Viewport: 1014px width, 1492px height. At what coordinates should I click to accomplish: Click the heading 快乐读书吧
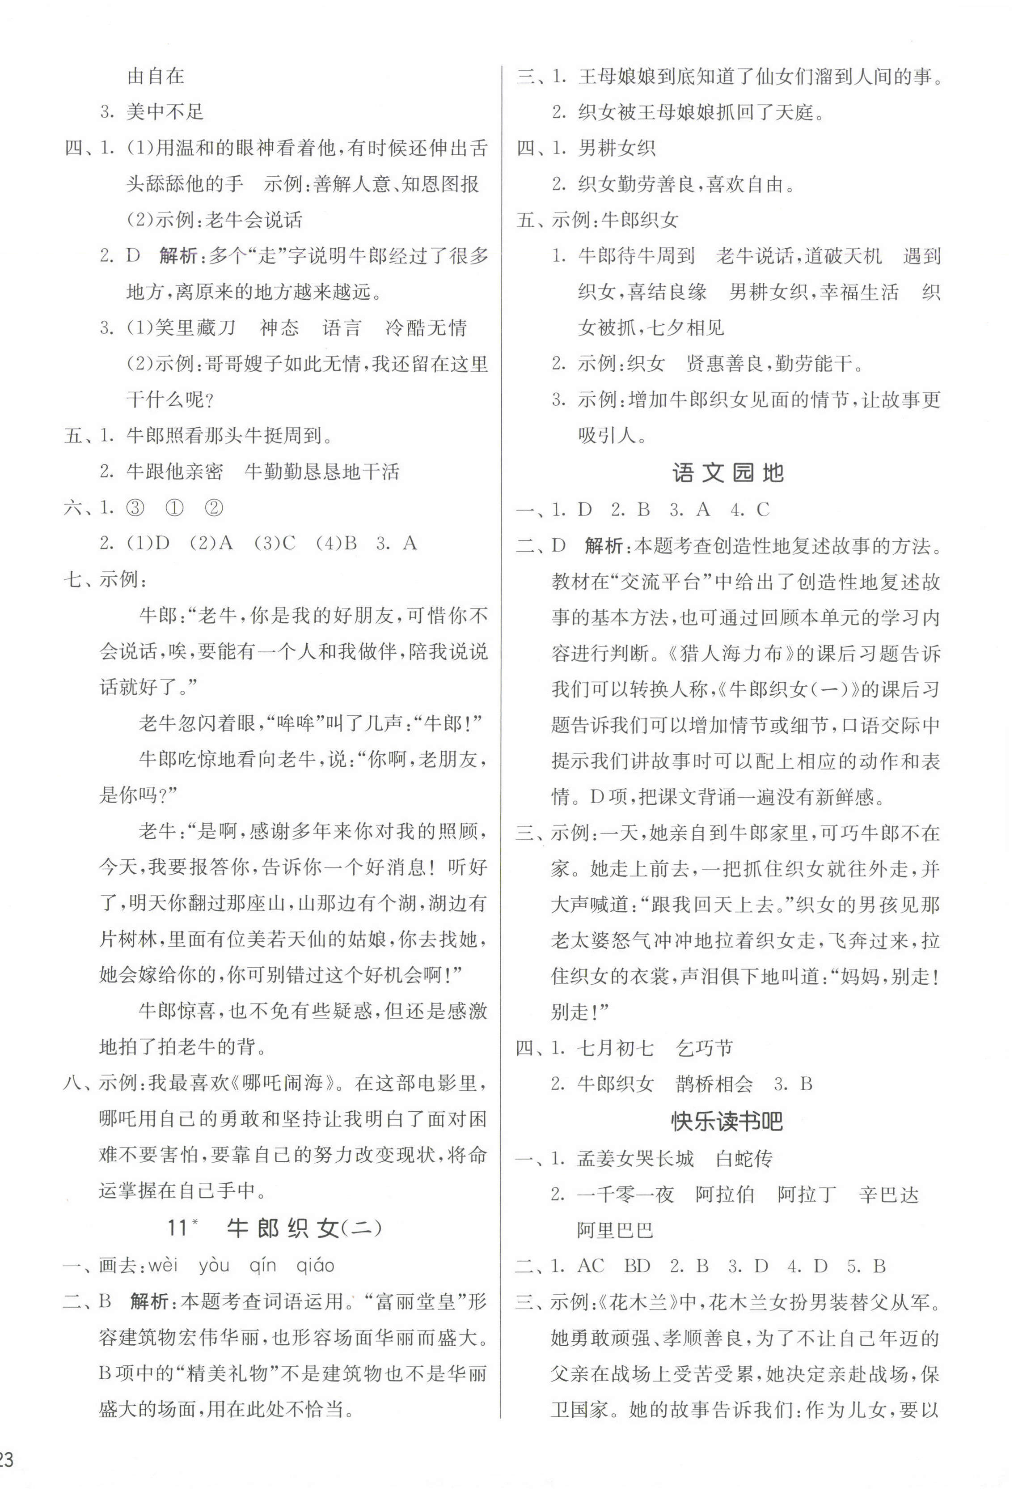click(x=727, y=1122)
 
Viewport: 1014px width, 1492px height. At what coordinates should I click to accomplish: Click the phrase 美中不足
click(x=165, y=112)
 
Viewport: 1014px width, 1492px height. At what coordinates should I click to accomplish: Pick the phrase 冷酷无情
click(x=426, y=328)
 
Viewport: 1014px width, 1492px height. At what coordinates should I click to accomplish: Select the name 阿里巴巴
click(x=615, y=1231)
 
